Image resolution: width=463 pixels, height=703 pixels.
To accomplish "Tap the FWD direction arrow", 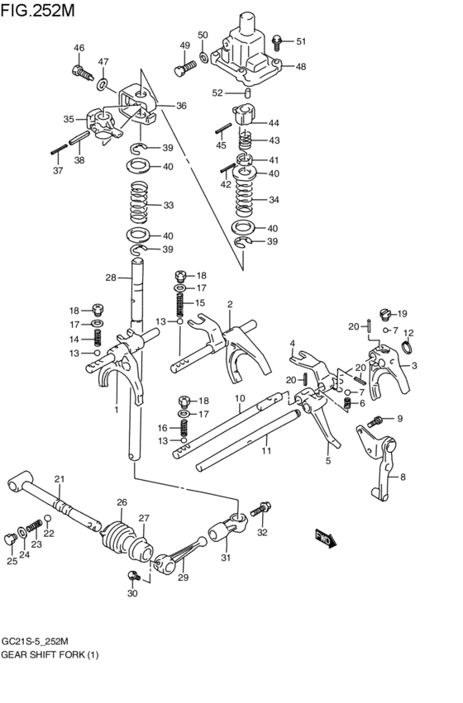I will [326, 539].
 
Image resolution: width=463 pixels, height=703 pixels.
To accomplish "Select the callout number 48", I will [300, 67].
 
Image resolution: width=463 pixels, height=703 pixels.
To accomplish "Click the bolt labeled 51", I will [277, 40].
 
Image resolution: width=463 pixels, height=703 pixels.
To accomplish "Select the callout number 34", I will [274, 200].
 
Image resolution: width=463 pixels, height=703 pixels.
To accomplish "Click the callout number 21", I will [59, 479].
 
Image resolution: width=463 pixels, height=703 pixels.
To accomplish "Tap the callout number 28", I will [110, 278].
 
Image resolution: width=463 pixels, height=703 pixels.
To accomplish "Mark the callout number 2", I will [230, 304].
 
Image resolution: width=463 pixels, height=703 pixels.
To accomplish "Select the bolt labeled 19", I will [384, 314].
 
